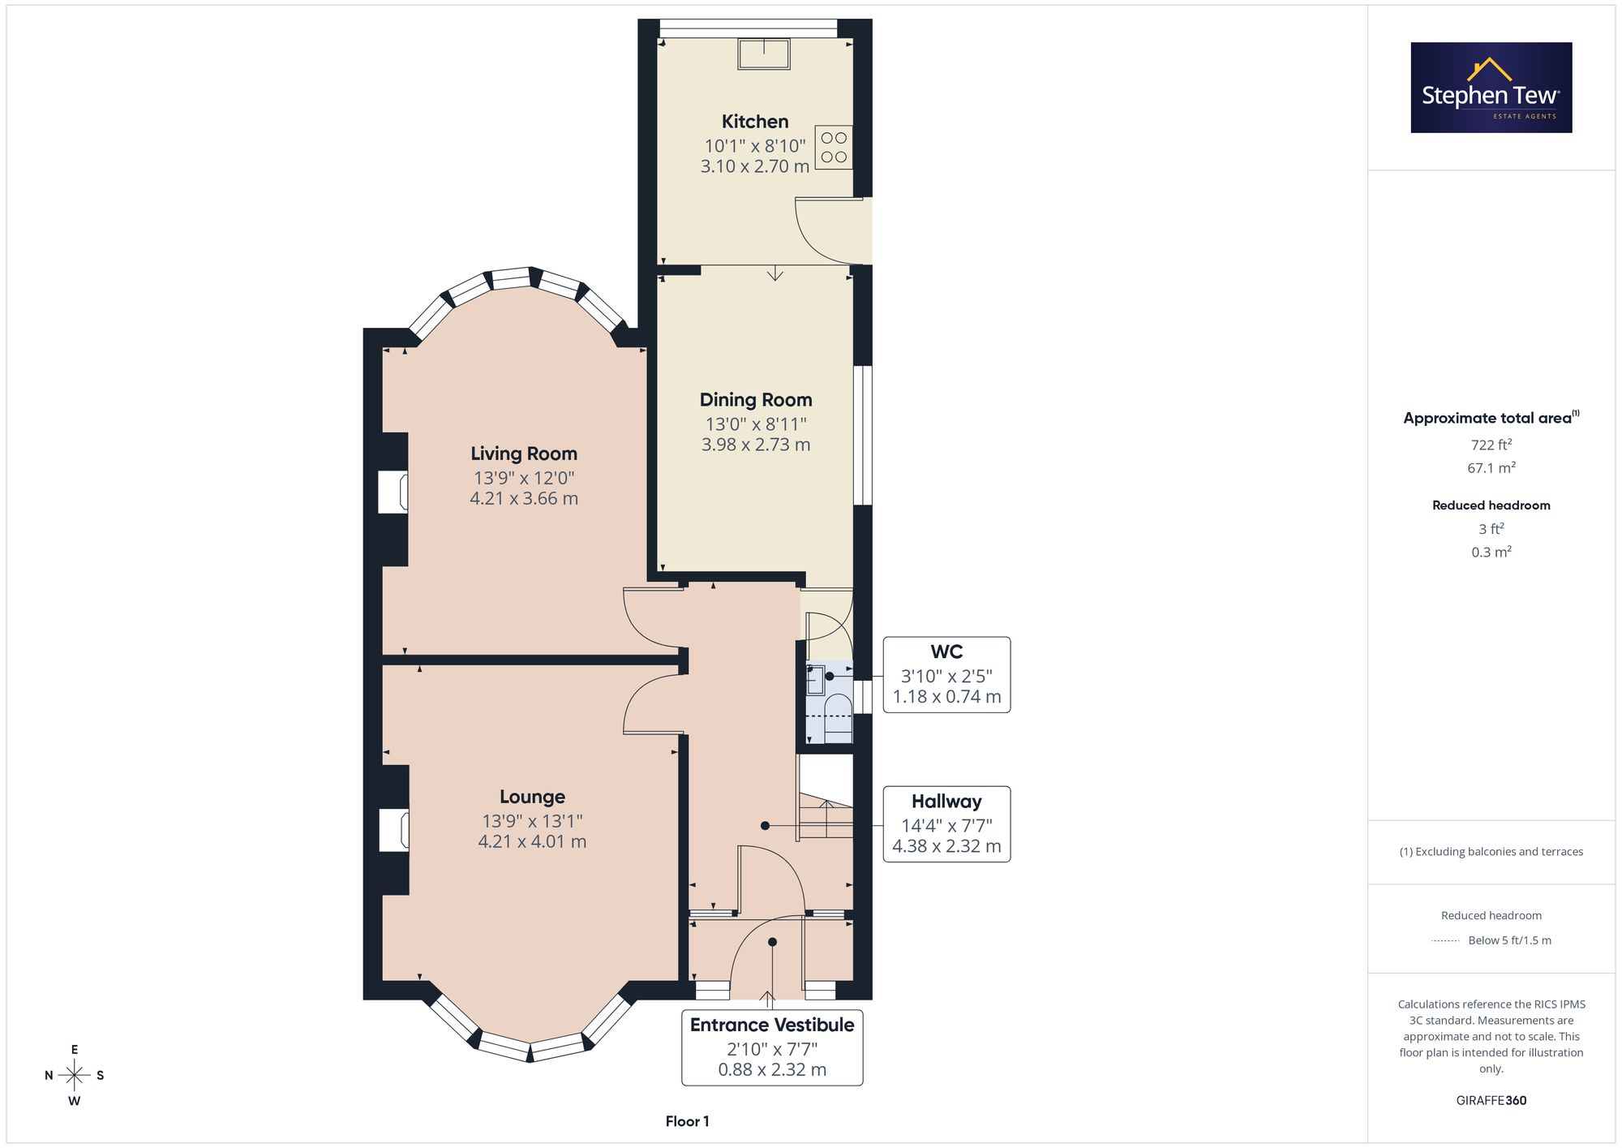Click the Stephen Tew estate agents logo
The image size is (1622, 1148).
click(1491, 88)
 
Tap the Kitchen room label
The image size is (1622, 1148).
click(755, 122)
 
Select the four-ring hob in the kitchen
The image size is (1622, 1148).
click(834, 147)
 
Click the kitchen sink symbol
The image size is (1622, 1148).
click(764, 54)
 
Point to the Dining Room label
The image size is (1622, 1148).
click(756, 400)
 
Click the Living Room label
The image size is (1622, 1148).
click(524, 454)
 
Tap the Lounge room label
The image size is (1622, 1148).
click(532, 797)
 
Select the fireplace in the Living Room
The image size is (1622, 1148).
click(393, 492)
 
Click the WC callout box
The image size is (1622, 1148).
click(946, 675)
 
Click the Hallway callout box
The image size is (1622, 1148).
click(946, 824)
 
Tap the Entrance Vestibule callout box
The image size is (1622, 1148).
click(772, 1047)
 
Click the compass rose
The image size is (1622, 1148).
click(75, 1076)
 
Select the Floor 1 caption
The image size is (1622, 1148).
click(687, 1121)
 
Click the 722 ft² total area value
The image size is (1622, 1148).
click(1491, 445)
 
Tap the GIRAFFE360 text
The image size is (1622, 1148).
click(1491, 1101)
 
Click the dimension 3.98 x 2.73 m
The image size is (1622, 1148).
click(756, 445)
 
